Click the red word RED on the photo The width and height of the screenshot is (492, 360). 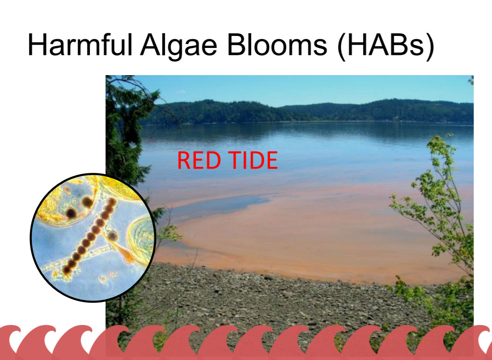pos(199,160)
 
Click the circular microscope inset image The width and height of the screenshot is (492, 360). pos(93,237)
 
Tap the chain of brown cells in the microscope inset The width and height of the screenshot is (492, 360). pos(89,236)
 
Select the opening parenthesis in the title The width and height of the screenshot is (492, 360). pos(342,46)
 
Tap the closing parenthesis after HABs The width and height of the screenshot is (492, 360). pos(429,46)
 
